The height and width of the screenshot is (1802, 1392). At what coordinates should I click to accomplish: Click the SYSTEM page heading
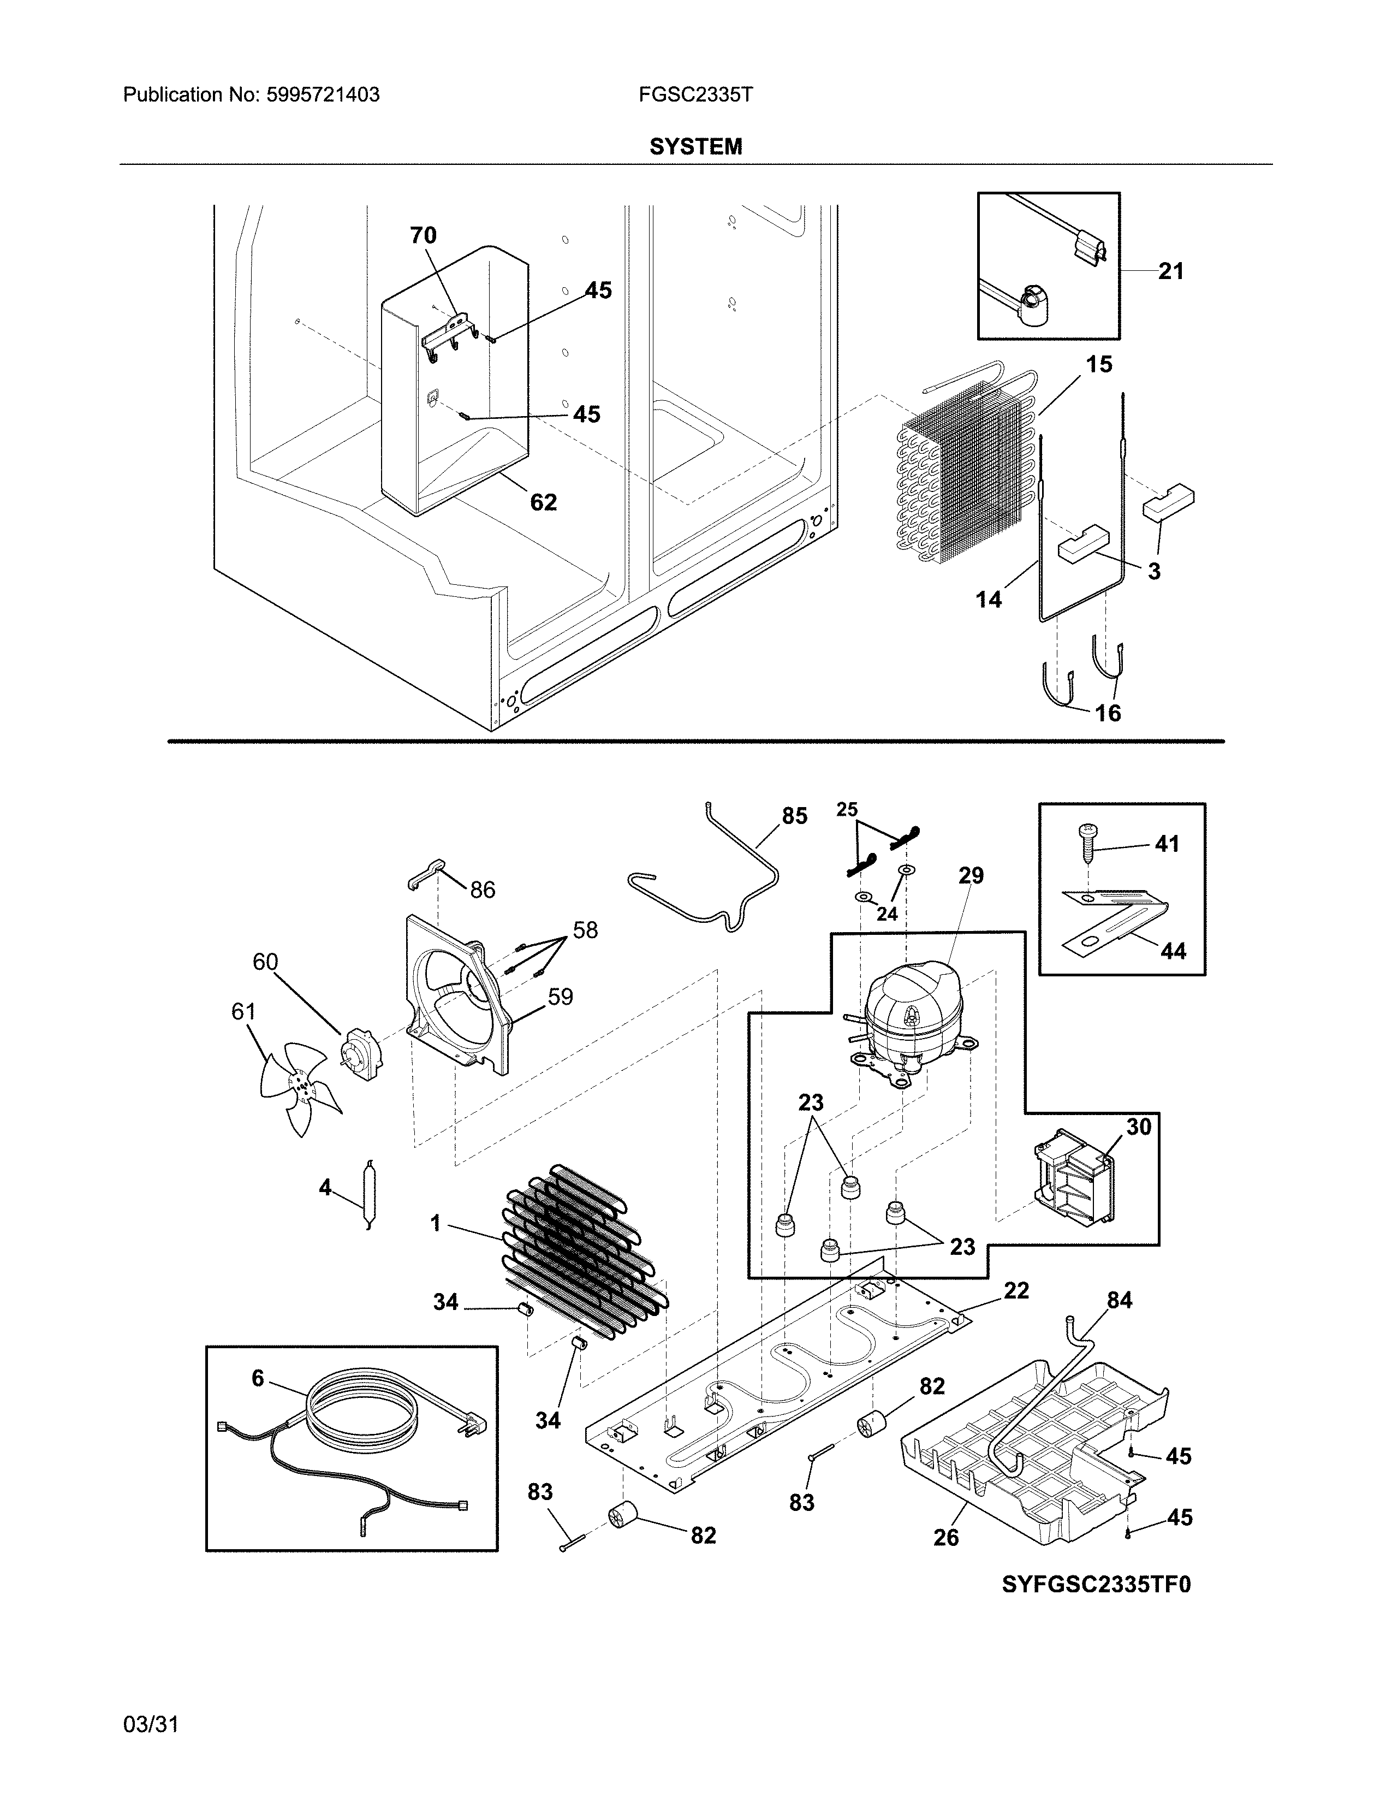click(x=695, y=147)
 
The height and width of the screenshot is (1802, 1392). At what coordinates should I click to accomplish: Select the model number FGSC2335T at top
click(x=695, y=95)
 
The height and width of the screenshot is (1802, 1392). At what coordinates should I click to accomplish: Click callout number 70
click(x=423, y=236)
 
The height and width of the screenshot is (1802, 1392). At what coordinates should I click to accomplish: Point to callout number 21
click(x=1170, y=271)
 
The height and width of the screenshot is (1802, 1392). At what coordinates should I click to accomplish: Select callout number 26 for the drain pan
click(x=946, y=1537)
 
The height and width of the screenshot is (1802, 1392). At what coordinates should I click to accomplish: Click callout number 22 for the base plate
click(x=1016, y=1290)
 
